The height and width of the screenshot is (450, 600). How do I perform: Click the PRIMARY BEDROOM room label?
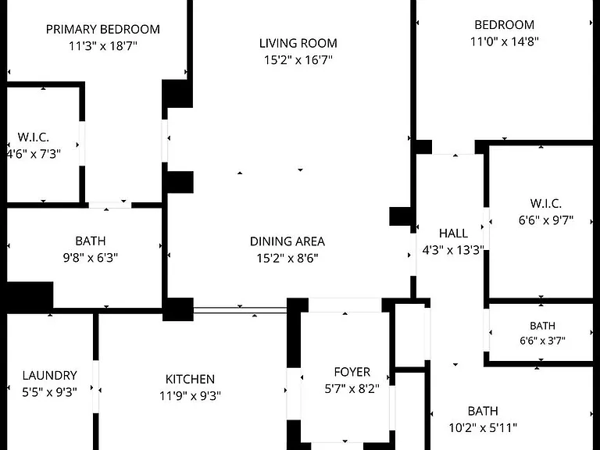tap(103, 30)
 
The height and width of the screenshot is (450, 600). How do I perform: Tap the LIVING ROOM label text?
tap(298, 43)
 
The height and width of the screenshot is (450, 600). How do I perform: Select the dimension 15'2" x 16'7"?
tap(298, 60)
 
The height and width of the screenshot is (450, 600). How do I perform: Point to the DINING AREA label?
tap(287, 241)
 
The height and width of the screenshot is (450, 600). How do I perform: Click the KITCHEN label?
tap(190, 379)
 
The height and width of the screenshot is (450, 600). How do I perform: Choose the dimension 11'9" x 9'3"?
tap(190, 395)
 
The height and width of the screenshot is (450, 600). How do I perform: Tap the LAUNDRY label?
tap(50, 375)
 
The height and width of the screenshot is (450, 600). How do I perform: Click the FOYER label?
tap(352, 372)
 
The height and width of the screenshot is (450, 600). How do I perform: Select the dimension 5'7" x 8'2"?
tap(352, 389)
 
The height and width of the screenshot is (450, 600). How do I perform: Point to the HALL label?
tap(453, 234)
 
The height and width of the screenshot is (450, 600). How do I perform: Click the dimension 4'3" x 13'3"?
tap(453, 250)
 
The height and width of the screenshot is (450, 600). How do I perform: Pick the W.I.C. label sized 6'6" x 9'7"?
tap(546, 204)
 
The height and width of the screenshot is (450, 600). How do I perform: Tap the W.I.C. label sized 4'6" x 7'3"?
tap(34, 137)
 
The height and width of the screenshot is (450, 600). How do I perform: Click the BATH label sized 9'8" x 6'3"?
tap(91, 241)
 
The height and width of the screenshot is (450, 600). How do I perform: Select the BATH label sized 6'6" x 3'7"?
tap(543, 326)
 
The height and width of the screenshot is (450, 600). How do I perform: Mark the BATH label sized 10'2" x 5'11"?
tap(483, 411)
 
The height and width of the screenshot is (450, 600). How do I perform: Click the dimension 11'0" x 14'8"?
tap(505, 41)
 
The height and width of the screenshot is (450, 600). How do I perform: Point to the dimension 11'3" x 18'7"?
tap(103, 46)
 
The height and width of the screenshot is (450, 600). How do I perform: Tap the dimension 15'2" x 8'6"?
tap(287, 259)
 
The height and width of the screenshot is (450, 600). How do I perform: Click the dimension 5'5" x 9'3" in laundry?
tap(50, 392)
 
